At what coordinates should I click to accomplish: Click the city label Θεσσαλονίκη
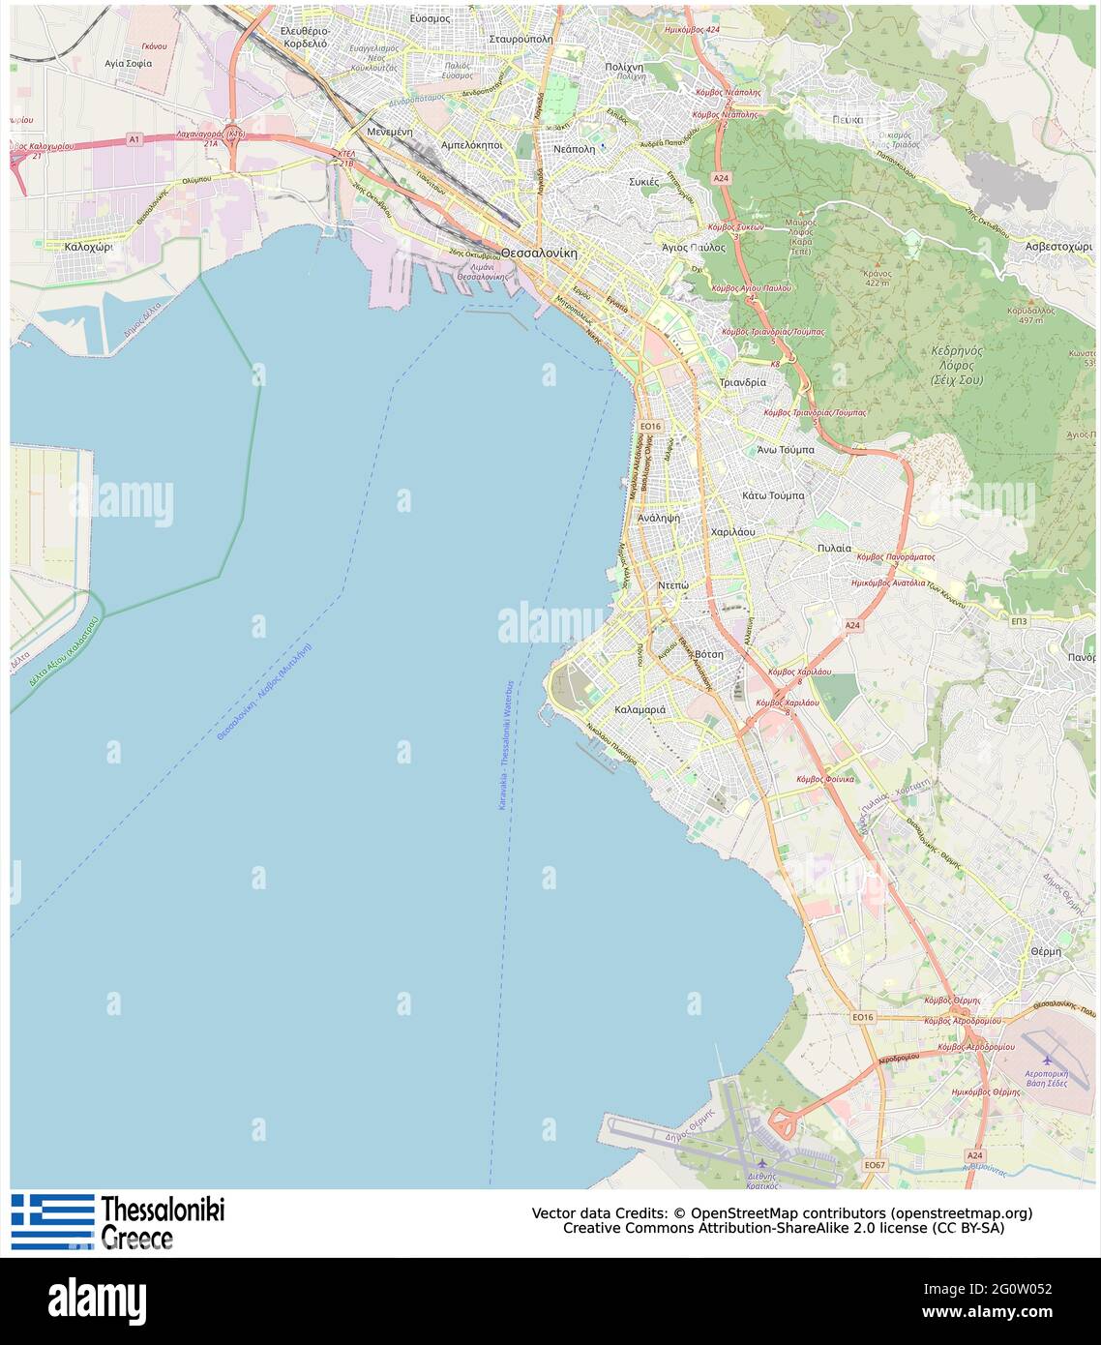click(538, 253)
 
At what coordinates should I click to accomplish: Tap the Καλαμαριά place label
click(640, 709)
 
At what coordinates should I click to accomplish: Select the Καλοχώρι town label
click(88, 247)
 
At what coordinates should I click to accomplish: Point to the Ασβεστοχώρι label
click(1058, 247)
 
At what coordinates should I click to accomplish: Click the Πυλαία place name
click(834, 548)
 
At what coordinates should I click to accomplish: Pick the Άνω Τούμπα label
click(785, 450)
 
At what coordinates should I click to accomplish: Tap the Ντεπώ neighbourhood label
click(672, 585)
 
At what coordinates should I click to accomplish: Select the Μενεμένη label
click(390, 131)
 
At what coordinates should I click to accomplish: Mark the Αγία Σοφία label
click(128, 63)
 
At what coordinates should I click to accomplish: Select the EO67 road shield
click(875, 1165)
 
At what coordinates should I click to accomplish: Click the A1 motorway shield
click(134, 139)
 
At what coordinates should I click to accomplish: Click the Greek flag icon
click(52, 1221)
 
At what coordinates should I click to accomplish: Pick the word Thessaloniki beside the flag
click(163, 1210)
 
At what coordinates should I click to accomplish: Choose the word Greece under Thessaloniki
click(136, 1239)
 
